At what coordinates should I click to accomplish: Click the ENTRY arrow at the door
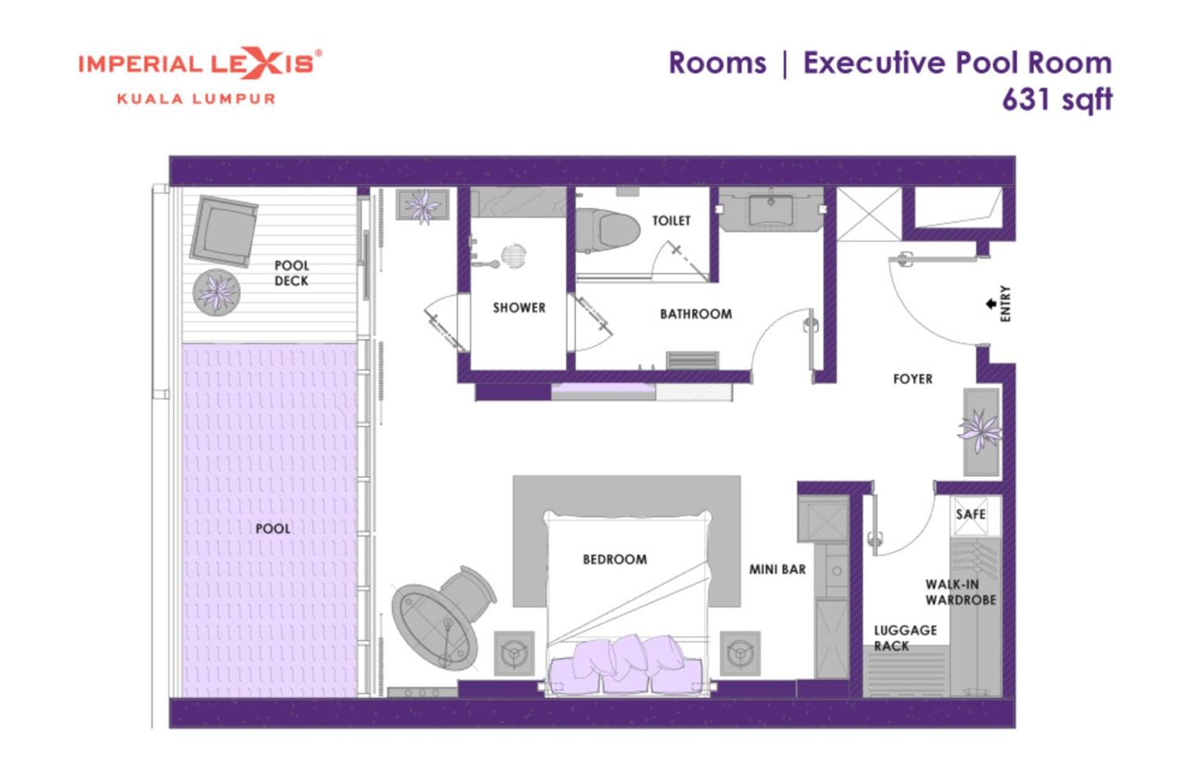(990, 304)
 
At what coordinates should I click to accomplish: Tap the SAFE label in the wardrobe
(971, 514)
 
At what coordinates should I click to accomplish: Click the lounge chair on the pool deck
(223, 230)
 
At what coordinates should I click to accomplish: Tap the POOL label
(273, 528)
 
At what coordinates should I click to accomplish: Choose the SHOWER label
(519, 307)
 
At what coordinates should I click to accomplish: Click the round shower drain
(514, 256)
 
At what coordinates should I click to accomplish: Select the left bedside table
(514, 653)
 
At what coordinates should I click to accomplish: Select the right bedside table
(740, 653)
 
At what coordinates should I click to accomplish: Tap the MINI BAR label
(777, 569)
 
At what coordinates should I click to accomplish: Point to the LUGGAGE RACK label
(905, 638)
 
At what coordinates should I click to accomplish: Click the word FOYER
(913, 379)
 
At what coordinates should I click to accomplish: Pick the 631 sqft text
(1057, 99)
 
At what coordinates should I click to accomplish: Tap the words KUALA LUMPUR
(196, 99)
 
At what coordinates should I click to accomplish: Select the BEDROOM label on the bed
(614, 559)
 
